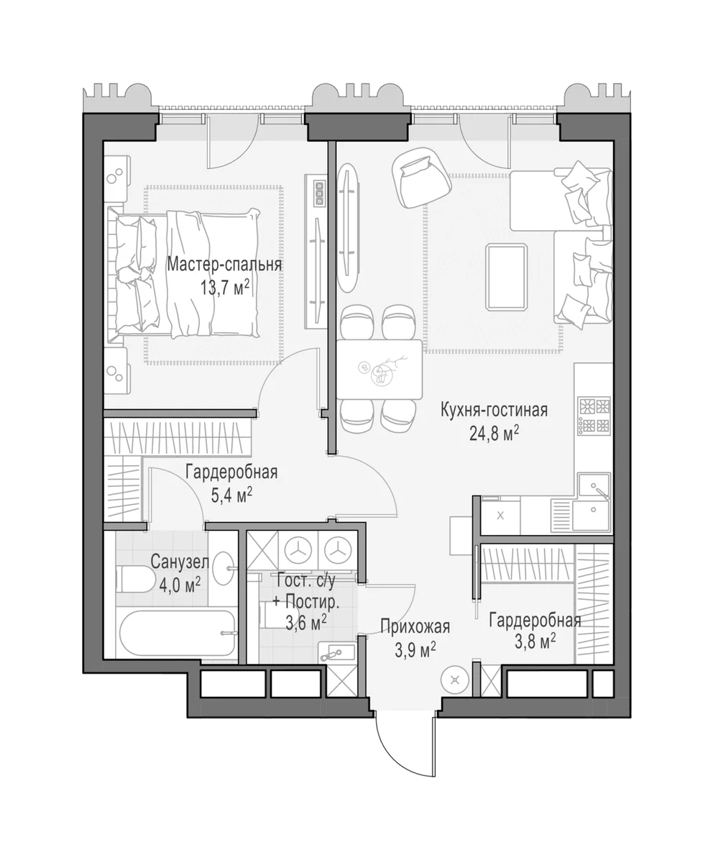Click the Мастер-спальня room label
224,265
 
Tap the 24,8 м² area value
494,434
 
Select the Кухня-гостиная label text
494,410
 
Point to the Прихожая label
415,627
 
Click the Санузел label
180,562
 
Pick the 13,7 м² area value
225,287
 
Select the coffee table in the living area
507,276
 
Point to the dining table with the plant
379,369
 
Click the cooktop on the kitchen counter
594,416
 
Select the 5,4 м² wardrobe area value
231,495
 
